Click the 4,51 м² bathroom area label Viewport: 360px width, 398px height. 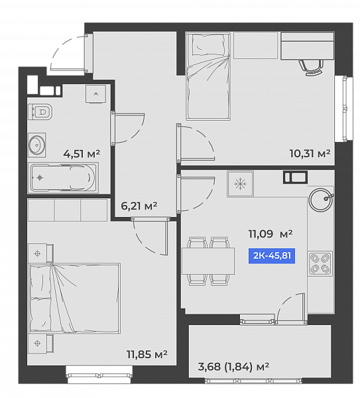(82, 154)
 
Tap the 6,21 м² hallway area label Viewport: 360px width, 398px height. (139, 206)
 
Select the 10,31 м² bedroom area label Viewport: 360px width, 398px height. (310, 153)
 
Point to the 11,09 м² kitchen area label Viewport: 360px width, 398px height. (270, 233)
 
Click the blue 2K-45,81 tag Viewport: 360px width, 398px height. (272, 255)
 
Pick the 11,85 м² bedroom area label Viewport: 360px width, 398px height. (147, 354)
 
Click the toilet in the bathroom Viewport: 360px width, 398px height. (40, 111)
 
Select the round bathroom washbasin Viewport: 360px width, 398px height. (36, 145)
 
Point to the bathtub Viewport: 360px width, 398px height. (64, 177)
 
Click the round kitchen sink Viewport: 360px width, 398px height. (321, 200)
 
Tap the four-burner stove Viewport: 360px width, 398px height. (320, 264)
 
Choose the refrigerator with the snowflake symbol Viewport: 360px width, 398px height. (240, 184)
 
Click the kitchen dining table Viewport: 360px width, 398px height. (208, 261)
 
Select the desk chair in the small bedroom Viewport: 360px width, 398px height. (311, 67)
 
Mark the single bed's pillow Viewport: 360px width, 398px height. (209, 45)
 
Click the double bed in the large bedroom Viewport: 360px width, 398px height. (74, 298)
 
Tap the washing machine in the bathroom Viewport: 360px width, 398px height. (95, 94)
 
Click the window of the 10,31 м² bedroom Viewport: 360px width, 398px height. (344, 109)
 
